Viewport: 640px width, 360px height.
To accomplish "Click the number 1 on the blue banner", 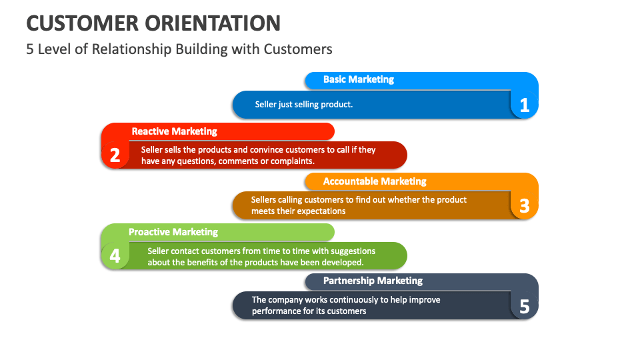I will (524, 105).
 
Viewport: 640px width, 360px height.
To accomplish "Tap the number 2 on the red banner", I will (115, 156).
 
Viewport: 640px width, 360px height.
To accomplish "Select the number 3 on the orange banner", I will (524, 206).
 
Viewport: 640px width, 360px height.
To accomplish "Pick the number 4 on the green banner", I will (115, 256).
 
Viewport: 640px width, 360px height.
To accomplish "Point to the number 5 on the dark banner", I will (524, 307).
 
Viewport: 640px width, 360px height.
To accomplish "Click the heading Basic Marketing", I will (358, 79).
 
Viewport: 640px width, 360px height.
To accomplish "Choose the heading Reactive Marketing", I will (174, 131).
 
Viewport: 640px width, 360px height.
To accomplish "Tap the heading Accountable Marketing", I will (374, 181).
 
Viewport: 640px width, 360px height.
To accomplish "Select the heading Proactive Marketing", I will (173, 232).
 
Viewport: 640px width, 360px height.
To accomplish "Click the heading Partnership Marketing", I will (373, 281).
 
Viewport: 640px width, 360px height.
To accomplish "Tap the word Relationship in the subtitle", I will (160, 49).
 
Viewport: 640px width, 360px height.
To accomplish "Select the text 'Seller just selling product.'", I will (303, 105).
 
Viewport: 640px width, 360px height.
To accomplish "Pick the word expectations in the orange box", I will (319, 211).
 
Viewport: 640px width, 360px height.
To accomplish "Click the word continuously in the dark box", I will (350, 300).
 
